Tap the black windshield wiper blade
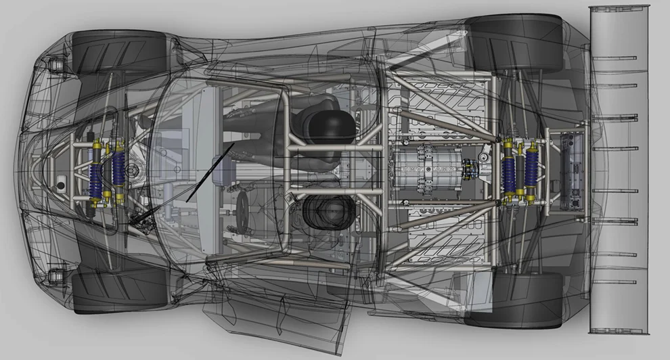pos(210,172)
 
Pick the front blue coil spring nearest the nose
pos(95,175)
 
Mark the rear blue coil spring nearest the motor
pos(508,171)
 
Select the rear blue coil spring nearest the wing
pos(532,171)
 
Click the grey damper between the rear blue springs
pos(520,171)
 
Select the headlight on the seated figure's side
pos(55,66)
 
